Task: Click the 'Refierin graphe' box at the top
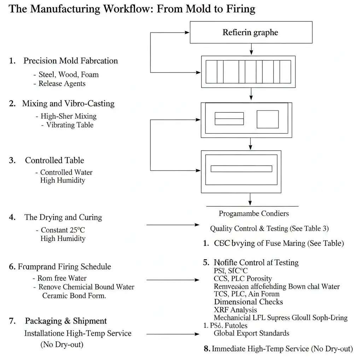pyautogui.click(x=251, y=33)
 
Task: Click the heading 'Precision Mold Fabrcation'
pyautogui.click(x=70, y=61)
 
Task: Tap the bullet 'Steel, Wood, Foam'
pyautogui.click(x=69, y=75)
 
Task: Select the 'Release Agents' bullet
pyautogui.click(x=62, y=84)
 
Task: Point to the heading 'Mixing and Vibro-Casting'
pyautogui.click(x=68, y=104)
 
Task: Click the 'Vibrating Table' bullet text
pyautogui.click(x=70, y=125)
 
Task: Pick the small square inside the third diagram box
pyautogui.click(x=267, y=119)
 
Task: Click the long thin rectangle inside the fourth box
pyautogui.click(x=241, y=169)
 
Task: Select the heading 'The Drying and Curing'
pyautogui.click(x=63, y=217)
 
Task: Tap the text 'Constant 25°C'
pyautogui.click(x=63, y=230)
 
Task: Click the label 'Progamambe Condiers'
pyautogui.click(x=253, y=214)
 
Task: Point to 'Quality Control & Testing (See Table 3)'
pyautogui.click(x=269, y=228)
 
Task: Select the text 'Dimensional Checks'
pyautogui.click(x=248, y=302)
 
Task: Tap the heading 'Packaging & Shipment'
pyautogui.click(x=66, y=321)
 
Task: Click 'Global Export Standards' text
pyautogui.click(x=251, y=333)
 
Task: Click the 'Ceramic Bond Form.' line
pyautogui.click(x=74, y=296)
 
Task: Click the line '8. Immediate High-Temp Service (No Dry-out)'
pyautogui.click(x=278, y=349)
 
